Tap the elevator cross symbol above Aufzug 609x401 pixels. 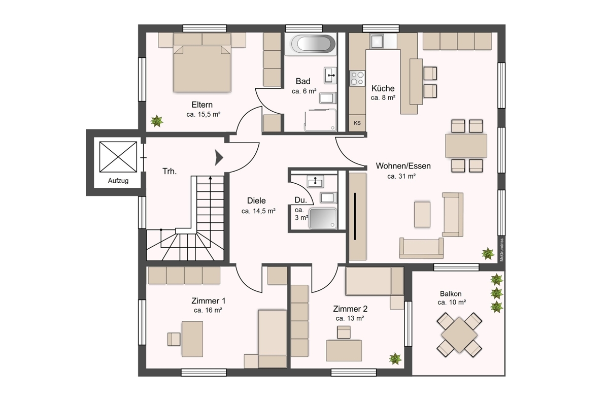(118, 157)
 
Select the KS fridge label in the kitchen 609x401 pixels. (357, 123)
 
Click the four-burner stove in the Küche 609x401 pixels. (357, 78)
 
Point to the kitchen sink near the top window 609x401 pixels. (377, 41)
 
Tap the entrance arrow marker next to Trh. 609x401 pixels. (219, 157)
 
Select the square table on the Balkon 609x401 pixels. (459, 335)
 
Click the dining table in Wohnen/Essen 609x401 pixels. (466, 146)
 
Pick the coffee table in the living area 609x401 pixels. (422, 214)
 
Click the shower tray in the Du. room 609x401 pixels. (323, 218)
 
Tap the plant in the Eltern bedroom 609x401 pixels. (157, 121)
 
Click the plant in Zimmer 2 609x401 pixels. (395, 359)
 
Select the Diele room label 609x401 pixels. (256, 201)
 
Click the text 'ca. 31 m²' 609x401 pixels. (401, 177)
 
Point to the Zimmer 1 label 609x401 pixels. (208, 301)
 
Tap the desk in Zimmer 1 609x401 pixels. (192, 339)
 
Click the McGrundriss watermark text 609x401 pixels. (501, 250)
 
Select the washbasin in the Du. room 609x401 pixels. (315, 182)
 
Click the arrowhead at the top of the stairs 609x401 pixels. (211, 178)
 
